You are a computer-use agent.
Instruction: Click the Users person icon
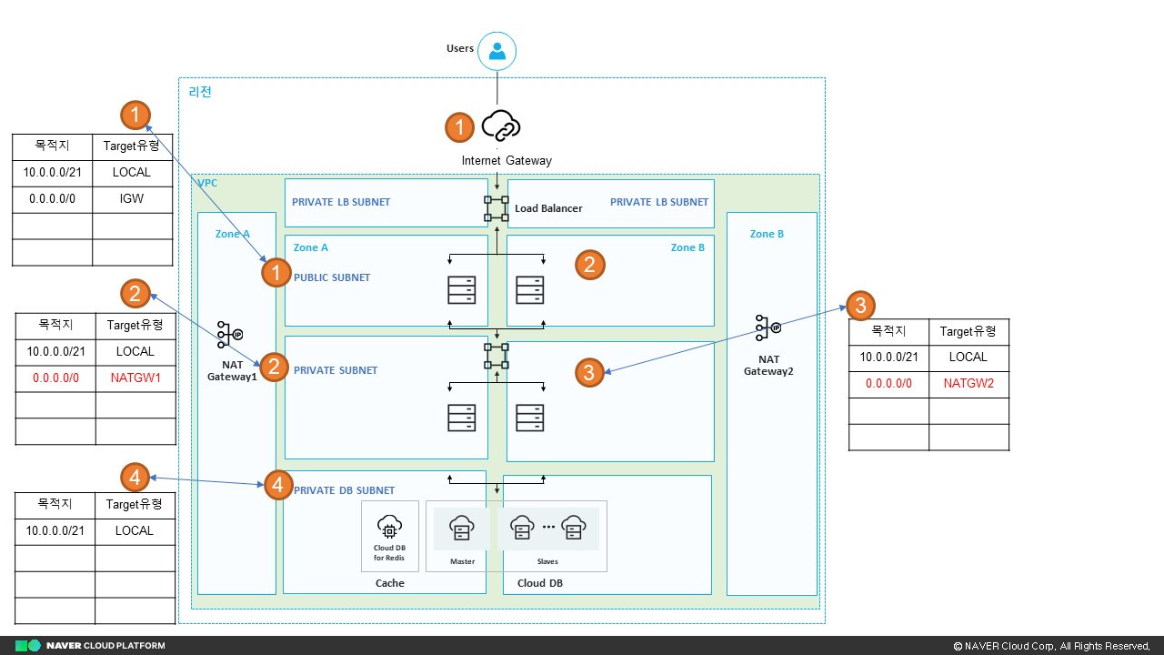click(497, 51)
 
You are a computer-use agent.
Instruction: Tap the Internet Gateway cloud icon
click(500, 126)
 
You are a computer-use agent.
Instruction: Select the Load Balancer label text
click(548, 208)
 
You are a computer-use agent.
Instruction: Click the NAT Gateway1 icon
click(230, 335)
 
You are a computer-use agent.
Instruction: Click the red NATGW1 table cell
click(135, 378)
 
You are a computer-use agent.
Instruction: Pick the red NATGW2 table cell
click(968, 384)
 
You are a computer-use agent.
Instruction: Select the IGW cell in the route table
click(132, 198)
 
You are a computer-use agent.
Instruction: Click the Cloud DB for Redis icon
click(389, 527)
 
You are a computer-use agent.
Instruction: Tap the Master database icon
click(462, 528)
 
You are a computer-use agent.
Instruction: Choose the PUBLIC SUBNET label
click(332, 277)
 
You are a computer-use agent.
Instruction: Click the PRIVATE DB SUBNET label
click(344, 491)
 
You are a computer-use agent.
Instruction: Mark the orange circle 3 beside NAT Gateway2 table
click(860, 304)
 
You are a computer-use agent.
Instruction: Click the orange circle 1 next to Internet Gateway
click(459, 127)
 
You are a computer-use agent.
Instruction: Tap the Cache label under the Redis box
click(389, 583)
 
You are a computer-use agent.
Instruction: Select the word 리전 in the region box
click(199, 92)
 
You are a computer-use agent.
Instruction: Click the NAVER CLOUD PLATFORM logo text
click(105, 646)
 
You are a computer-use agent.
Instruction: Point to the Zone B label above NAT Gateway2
click(767, 234)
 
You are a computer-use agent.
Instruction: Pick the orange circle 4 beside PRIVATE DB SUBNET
click(277, 485)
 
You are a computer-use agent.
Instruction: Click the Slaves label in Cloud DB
click(547, 561)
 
